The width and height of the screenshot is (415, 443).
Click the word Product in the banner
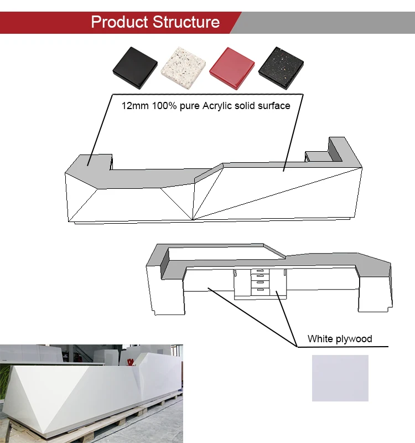coord(119,22)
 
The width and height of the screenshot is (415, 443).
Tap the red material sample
coord(232,68)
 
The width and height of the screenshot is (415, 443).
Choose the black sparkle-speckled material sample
coord(281,68)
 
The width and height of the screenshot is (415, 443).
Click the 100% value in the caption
coord(162,105)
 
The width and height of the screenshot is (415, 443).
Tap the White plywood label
coord(340,339)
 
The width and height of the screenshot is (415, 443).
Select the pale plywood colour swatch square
coord(340,378)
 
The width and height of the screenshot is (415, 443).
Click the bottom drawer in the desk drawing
coord(260,290)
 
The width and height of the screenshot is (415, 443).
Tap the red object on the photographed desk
coord(131,362)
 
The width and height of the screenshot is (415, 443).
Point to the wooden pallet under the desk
coord(111,429)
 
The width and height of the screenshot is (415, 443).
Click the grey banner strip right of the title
coord(326,22)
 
